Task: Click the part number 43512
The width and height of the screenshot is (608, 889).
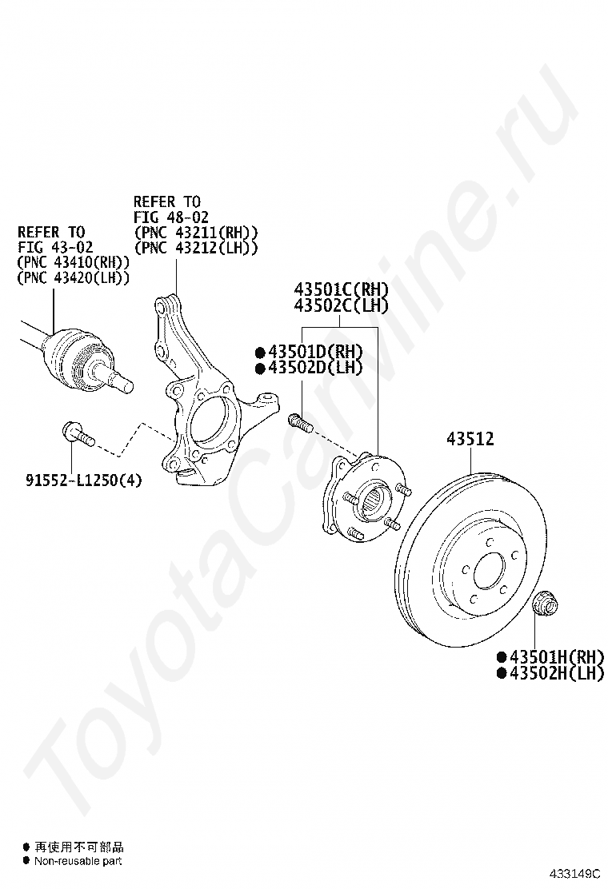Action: [x=470, y=439]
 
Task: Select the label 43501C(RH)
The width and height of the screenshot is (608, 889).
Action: [x=341, y=289]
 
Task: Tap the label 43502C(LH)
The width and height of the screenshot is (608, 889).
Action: [x=341, y=305]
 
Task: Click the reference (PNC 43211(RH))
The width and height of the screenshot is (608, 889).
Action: [x=196, y=233]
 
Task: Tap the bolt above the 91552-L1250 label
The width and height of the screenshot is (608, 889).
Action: [x=77, y=435]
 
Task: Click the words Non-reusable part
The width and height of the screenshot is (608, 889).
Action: [x=78, y=861]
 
